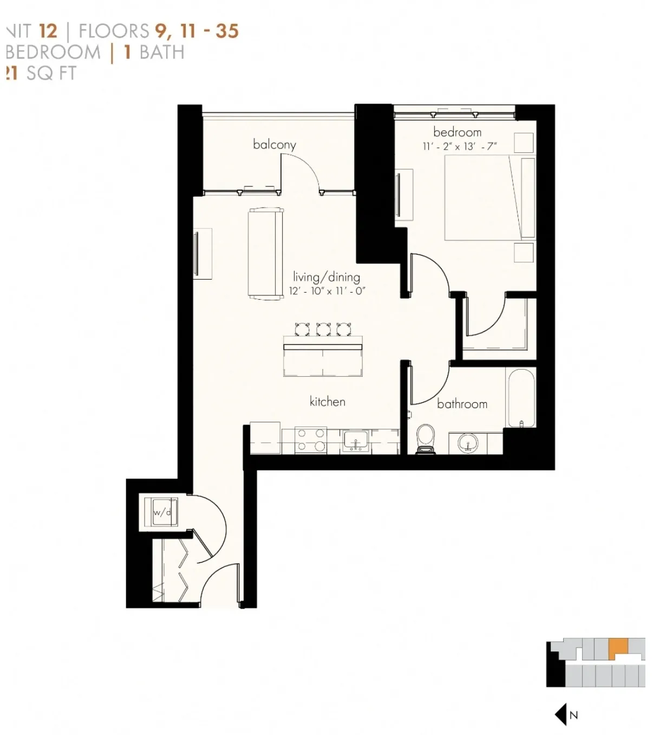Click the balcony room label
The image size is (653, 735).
click(275, 144)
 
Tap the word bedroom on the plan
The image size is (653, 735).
click(457, 132)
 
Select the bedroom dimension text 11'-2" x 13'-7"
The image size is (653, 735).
click(459, 146)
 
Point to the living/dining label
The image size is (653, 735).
click(326, 277)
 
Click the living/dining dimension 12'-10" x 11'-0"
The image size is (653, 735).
click(327, 291)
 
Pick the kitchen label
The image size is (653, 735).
click(327, 401)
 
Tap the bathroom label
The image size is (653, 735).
click(462, 404)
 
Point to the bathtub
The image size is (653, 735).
click(521, 397)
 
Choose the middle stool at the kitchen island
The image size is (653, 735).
click(323, 329)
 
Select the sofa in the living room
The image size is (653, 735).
click(265, 253)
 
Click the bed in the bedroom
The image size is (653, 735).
click(489, 198)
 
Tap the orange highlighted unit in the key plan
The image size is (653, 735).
click(617, 647)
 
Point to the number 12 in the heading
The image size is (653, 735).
click(48, 31)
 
